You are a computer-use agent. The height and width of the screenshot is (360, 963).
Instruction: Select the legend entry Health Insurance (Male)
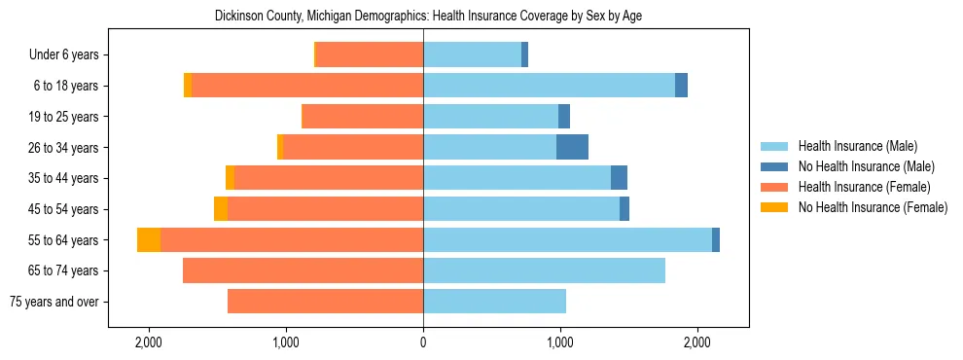(857, 146)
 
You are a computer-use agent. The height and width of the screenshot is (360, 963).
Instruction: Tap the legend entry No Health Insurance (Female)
(873, 207)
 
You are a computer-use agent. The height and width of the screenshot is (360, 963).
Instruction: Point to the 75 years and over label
(53, 302)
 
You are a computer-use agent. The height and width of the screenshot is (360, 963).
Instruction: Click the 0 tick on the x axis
(423, 342)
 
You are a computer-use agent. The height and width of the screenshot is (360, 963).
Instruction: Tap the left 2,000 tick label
(149, 342)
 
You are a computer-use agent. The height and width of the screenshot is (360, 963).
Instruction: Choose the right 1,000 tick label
(560, 342)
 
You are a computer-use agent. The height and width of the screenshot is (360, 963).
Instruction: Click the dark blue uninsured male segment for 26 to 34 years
(572, 147)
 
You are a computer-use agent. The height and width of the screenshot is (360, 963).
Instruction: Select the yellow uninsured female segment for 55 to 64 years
(149, 239)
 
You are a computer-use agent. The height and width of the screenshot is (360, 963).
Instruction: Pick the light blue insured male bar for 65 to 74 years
(544, 270)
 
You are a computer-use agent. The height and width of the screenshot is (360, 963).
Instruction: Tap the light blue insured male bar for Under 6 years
(472, 55)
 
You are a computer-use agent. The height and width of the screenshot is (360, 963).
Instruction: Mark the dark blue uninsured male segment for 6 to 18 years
(681, 86)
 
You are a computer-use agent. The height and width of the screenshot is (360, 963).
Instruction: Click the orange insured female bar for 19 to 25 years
(362, 117)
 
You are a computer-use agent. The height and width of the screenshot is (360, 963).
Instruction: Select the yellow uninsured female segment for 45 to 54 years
(221, 209)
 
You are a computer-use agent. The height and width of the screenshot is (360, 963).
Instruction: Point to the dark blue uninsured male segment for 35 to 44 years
(619, 178)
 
